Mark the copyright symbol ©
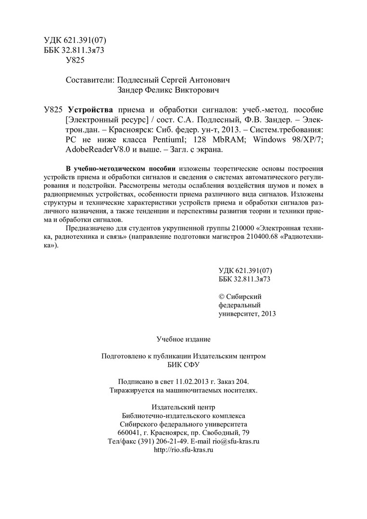click(221, 296)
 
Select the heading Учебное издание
click(183, 339)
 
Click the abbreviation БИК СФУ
click(183, 365)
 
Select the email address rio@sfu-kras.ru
click(236, 442)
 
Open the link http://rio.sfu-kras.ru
click(183, 450)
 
